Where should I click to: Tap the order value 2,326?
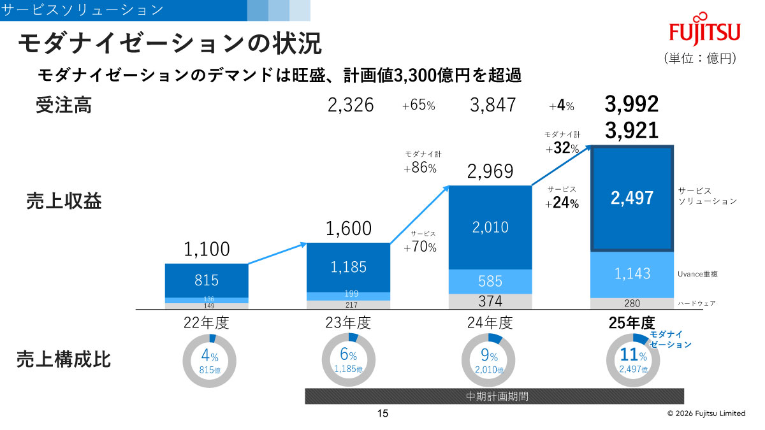(351, 105)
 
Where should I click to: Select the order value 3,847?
(493, 105)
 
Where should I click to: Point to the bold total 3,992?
(632, 104)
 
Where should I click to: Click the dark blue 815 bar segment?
(207, 280)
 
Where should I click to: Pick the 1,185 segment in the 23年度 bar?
(349, 268)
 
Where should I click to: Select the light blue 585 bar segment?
(490, 281)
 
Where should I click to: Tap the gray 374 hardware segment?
(490, 301)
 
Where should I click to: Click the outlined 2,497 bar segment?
(632, 198)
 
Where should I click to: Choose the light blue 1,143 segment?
(632, 274)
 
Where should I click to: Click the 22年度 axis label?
(206, 322)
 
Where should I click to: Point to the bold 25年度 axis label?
(632, 322)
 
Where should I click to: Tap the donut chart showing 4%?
(209, 361)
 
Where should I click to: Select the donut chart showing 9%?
(488, 361)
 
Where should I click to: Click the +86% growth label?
(420, 169)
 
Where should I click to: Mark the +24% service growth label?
(562, 204)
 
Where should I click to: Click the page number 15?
(382, 413)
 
